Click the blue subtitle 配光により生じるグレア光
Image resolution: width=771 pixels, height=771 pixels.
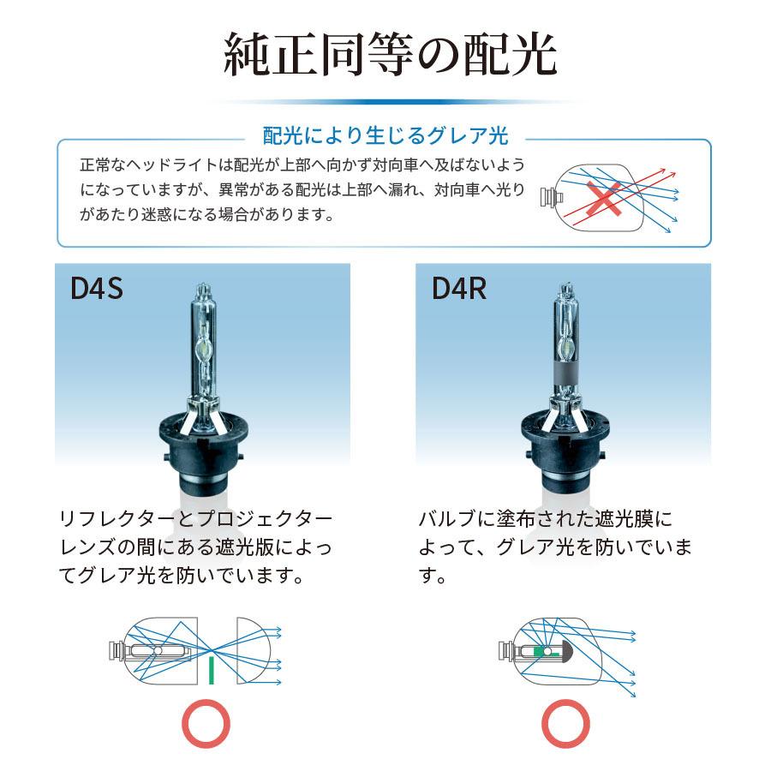[x=385, y=136]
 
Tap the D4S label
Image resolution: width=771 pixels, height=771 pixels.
[x=97, y=288]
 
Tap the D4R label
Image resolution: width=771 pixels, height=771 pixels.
[x=458, y=288]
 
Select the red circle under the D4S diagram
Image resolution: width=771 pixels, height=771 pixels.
[x=206, y=723]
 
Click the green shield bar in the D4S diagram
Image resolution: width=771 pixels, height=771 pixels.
[x=210, y=668]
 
